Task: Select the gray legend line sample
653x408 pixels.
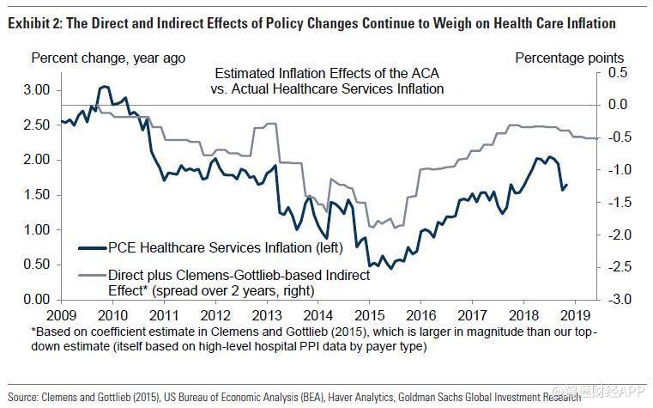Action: [x=90, y=277]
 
